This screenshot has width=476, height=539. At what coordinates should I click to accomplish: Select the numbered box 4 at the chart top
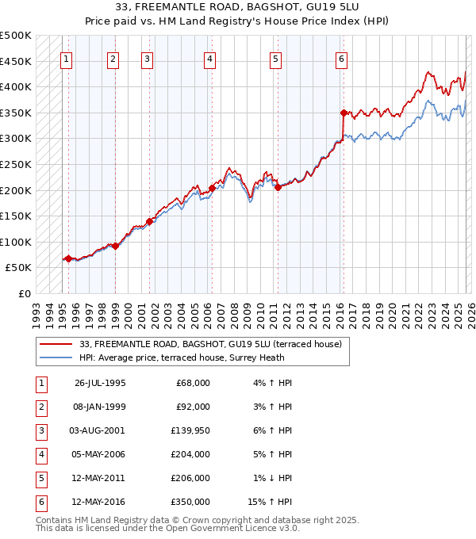point(209,58)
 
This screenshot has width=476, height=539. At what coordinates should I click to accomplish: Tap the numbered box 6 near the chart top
point(341,58)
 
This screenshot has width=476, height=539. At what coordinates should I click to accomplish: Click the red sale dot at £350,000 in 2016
point(344,113)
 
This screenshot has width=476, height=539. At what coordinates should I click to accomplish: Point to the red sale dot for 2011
point(278,188)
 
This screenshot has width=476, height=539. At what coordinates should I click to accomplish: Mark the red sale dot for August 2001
point(149,222)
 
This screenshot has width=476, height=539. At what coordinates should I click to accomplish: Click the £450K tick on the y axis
point(17,61)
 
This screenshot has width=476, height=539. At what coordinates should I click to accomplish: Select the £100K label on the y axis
point(17,242)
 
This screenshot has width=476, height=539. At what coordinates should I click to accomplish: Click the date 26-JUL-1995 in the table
point(100,383)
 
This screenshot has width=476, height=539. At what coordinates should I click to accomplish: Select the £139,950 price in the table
point(191,433)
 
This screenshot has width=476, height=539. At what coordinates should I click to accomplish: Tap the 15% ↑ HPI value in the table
point(274,502)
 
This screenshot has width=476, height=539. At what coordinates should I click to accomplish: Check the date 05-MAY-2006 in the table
point(100,455)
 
